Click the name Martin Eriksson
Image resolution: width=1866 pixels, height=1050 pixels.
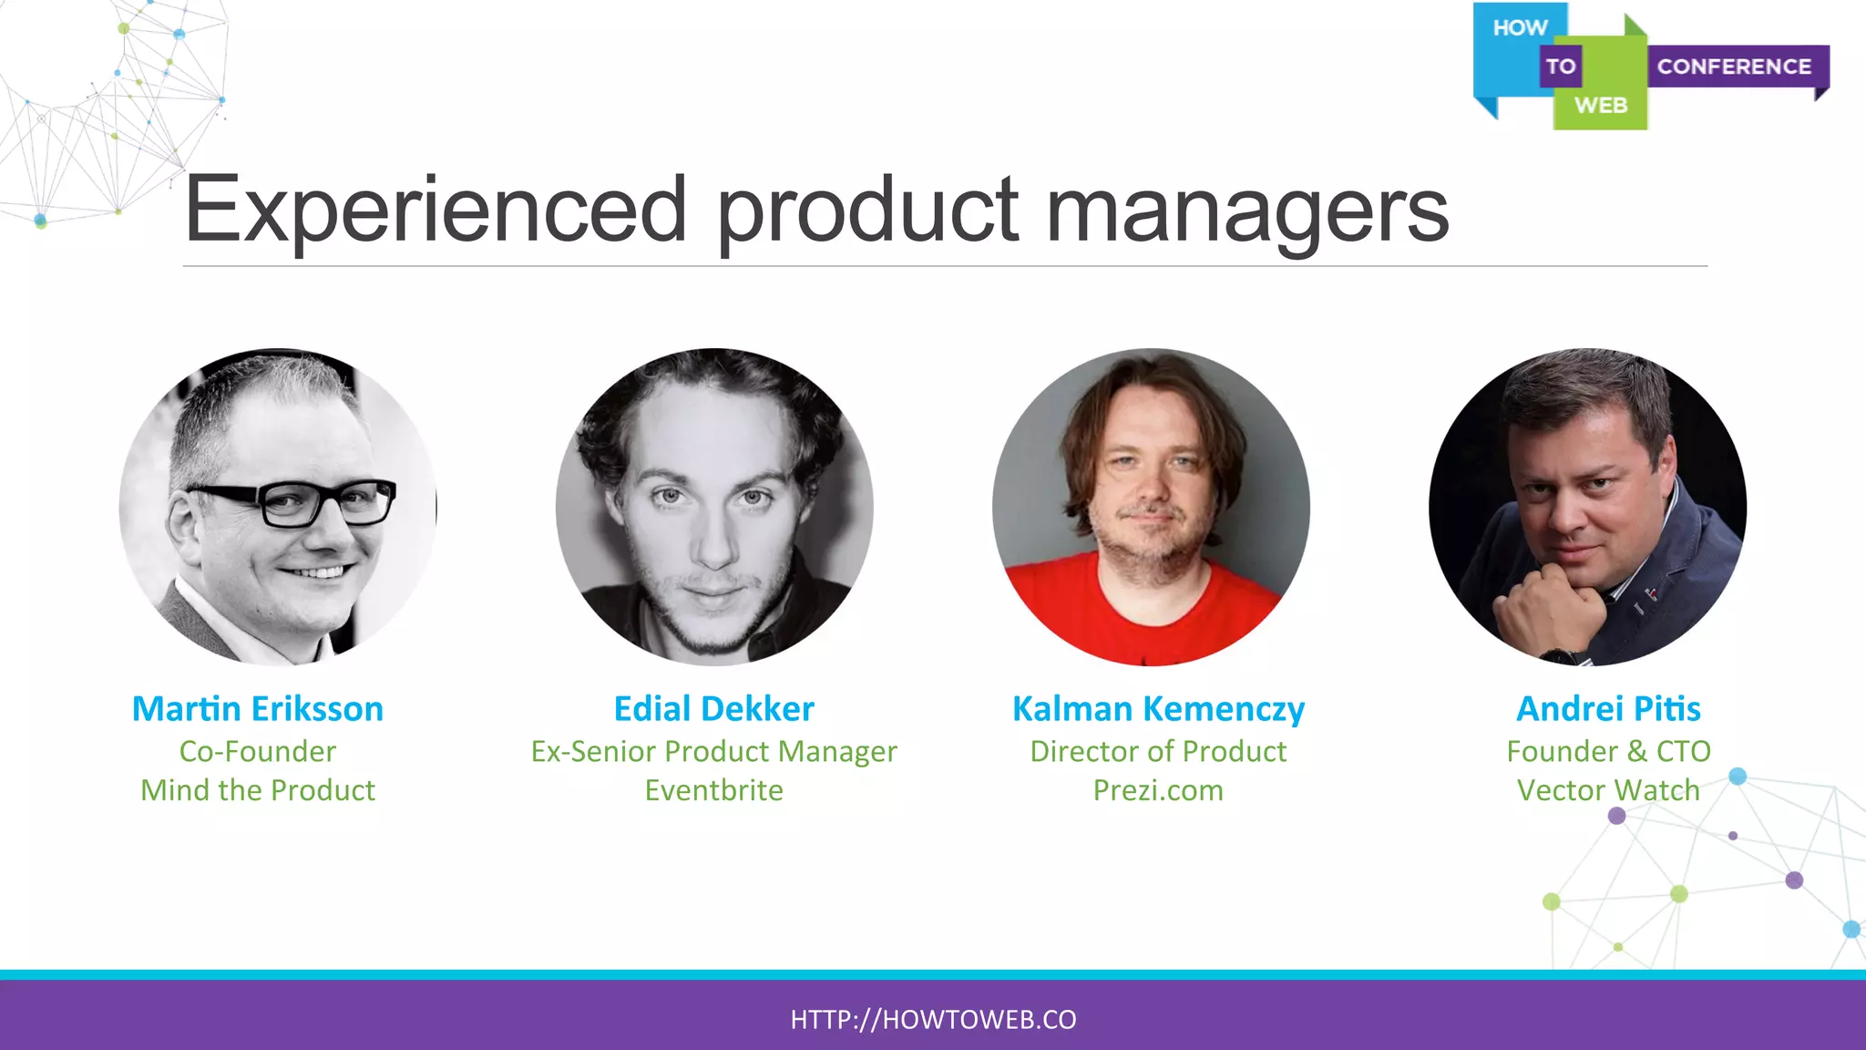(258, 709)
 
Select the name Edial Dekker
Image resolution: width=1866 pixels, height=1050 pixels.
(713, 709)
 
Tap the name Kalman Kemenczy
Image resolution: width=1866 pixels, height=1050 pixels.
(1158, 709)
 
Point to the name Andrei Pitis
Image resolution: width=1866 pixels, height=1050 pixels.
(1608, 709)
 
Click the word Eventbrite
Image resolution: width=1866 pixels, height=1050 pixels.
(713, 790)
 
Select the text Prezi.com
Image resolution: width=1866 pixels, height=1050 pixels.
(1158, 790)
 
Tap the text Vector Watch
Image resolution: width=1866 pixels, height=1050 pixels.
(1608, 790)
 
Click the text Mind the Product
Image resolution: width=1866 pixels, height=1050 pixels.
(258, 790)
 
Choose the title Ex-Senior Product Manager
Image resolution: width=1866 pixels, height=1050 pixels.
(713, 751)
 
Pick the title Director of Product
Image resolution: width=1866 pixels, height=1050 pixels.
(1158, 751)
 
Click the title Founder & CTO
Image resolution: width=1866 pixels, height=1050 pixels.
(1608, 751)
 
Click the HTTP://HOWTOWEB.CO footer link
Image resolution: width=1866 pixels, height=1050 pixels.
(933, 1019)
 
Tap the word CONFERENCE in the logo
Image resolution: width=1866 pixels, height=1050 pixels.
(1733, 67)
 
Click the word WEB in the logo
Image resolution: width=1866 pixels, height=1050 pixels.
(1600, 106)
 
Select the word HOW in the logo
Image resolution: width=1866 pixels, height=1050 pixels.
(1520, 28)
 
